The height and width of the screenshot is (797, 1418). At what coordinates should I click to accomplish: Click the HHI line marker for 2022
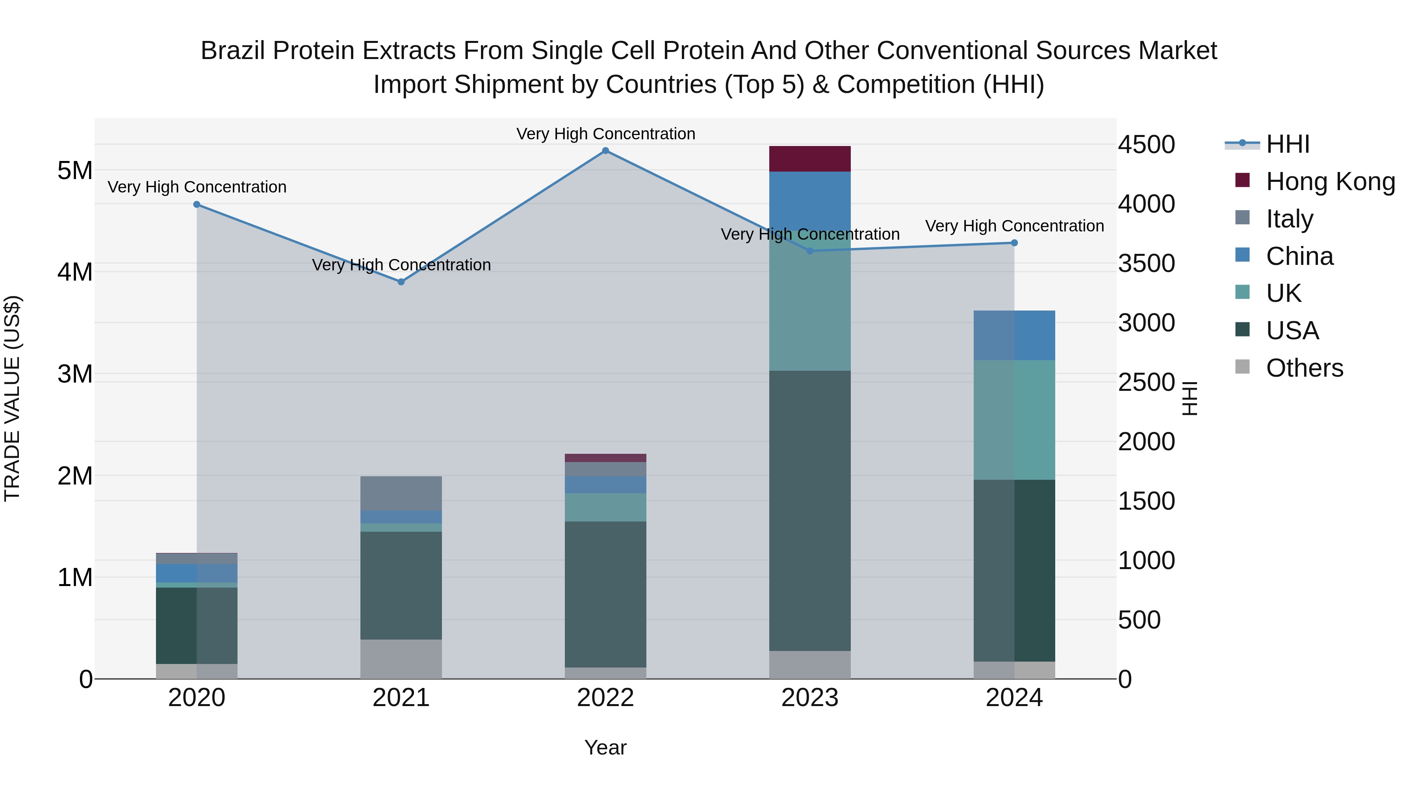pos(605,151)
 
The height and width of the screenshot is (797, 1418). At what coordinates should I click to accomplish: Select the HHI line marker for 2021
pos(401,282)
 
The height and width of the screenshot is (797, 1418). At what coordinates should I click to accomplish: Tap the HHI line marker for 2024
pos(1015,242)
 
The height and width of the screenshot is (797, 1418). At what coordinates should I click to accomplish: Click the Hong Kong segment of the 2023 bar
pos(810,159)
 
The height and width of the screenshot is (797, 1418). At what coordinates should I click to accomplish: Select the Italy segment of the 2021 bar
pos(401,494)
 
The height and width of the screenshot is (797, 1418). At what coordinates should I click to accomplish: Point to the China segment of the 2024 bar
pos(1015,335)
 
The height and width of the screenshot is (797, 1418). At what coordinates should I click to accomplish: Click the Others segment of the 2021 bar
pos(401,659)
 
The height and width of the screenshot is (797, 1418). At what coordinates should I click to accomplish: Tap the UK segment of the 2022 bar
pos(605,507)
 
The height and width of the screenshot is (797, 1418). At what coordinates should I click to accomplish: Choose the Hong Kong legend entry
pos(1331,181)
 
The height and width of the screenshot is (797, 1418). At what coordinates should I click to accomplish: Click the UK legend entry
pos(1283,293)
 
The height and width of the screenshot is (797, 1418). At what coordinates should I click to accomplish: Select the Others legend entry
pos(1304,368)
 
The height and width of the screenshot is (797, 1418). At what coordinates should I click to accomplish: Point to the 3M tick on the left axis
pos(75,374)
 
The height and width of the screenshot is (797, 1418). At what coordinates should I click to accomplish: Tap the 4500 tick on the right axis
pos(1146,145)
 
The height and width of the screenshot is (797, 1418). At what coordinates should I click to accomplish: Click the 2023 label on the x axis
pos(810,698)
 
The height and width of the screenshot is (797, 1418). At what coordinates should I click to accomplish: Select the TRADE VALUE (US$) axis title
pos(12,398)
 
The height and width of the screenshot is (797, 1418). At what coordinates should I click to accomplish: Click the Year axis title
pos(605,747)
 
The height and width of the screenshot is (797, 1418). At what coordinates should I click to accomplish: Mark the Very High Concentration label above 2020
pos(197,187)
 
